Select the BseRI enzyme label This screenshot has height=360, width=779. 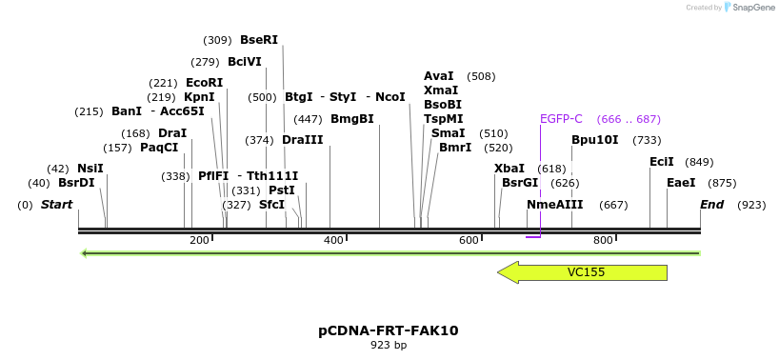pos(259,40)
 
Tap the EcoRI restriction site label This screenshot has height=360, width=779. pos(204,83)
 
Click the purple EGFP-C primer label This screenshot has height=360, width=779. pos(561,119)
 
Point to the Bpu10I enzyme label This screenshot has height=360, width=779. pos(594,140)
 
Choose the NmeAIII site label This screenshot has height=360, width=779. pos(554,205)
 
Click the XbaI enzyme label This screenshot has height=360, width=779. pos(509,169)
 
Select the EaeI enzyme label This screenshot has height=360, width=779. pos(681,183)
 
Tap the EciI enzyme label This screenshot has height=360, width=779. pos(662,162)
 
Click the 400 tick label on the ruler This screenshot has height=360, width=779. pos(334,240)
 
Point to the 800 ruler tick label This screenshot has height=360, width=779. pos(603,240)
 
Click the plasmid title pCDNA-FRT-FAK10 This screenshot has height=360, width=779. pos(389,330)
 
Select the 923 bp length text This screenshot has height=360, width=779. pos(389,346)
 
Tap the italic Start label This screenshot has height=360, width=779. pos(56,205)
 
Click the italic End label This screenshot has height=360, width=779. pos(711,205)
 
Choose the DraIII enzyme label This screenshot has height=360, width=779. pos(303,140)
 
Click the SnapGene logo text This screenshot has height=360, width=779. pos(752,8)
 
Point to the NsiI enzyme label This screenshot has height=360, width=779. pos(90,169)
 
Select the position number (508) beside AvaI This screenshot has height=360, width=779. pos(481,76)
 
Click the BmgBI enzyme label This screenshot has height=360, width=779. pos(352,119)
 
